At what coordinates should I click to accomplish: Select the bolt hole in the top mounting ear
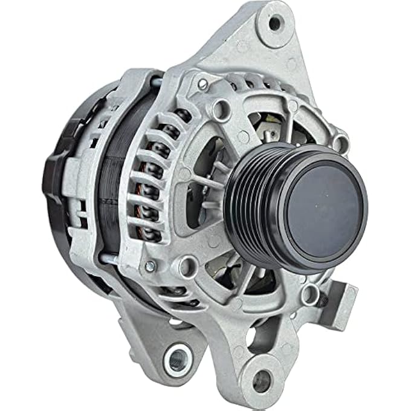[275, 24]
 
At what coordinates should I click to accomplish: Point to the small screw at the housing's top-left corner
[204, 83]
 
